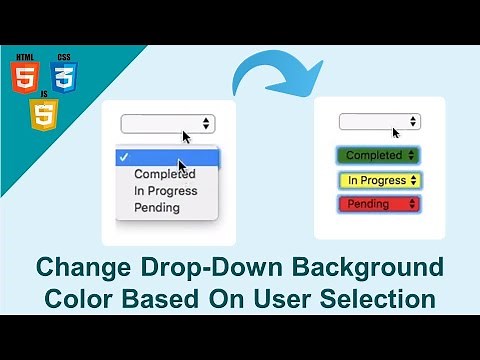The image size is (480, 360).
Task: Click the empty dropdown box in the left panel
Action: pyautogui.click(x=166, y=123)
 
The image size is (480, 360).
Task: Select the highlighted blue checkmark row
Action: pyautogui.click(x=166, y=157)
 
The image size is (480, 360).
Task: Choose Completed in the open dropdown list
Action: pyautogui.click(x=165, y=174)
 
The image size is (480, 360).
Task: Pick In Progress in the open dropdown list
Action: pyautogui.click(x=165, y=191)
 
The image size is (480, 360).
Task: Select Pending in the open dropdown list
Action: pyautogui.click(x=157, y=208)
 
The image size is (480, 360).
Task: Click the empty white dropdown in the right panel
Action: pyautogui.click(x=379, y=122)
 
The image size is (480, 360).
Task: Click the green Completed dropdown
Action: pyautogui.click(x=379, y=156)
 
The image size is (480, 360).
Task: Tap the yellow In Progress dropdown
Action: pyautogui.click(x=379, y=181)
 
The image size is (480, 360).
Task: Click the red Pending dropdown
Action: pyautogui.click(x=379, y=204)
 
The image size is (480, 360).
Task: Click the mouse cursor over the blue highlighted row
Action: pyautogui.click(x=183, y=165)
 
